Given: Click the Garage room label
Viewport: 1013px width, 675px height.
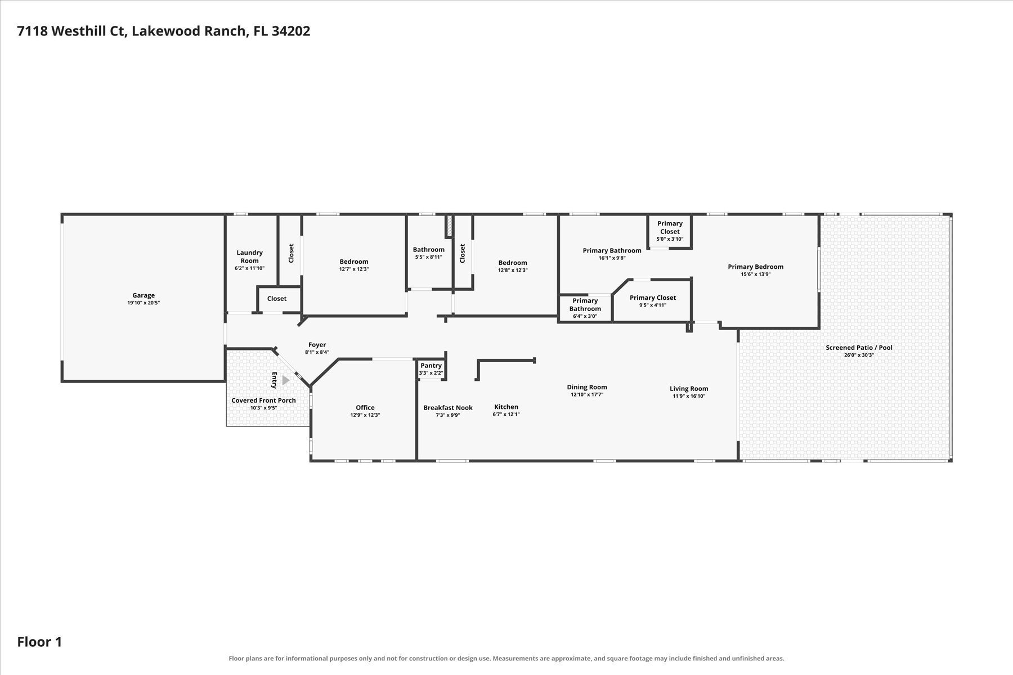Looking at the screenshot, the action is tap(144, 295).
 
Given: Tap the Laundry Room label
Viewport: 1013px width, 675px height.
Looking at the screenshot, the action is tap(250, 256).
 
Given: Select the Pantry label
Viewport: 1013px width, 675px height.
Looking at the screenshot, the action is tap(431, 366).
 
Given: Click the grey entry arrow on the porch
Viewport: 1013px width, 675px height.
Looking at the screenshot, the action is tap(286, 380).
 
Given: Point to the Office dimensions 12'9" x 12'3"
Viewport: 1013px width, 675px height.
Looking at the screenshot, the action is tap(365, 415).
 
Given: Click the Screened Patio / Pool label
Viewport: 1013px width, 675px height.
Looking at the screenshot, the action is tap(859, 348).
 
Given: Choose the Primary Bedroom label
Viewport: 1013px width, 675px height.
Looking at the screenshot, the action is tap(756, 267).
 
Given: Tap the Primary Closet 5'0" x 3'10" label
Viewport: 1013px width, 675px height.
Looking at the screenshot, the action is tap(670, 231).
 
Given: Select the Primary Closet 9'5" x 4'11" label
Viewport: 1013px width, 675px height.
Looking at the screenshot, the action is tap(653, 301).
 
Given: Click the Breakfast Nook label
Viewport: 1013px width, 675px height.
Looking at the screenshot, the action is tap(448, 408).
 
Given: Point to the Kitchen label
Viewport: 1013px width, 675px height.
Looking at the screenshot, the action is tap(506, 407).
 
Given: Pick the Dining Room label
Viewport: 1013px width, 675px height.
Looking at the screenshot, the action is tap(587, 387).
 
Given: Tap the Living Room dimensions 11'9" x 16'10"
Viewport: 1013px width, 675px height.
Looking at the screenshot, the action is tap(689, 396).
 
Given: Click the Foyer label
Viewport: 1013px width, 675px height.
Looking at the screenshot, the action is tap(317, 345).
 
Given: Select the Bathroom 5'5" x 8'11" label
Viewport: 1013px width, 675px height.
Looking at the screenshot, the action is tap(429, 253).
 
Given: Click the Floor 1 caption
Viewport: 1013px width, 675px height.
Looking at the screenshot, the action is tap(39, 642).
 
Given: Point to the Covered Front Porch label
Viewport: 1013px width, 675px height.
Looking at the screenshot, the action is tap(263, 400).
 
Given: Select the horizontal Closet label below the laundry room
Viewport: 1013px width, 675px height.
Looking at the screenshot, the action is tap(277, 299).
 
